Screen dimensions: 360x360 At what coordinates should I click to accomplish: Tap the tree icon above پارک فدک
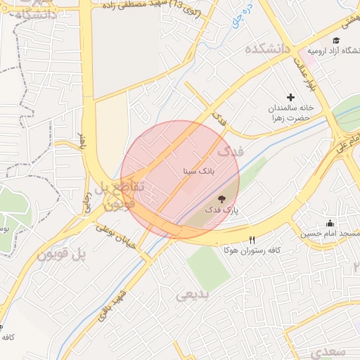[x=222, y=200]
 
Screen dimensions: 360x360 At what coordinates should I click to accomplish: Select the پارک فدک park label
[x=222, y=210]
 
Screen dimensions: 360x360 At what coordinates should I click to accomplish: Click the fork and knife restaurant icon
[x=252, y=240]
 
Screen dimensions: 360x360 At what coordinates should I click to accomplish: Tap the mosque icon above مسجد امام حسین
[x=330, y=223]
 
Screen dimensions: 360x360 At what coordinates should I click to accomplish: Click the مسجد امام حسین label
[x=330, y=233]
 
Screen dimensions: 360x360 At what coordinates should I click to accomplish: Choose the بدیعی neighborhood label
[x=193, y=295]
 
